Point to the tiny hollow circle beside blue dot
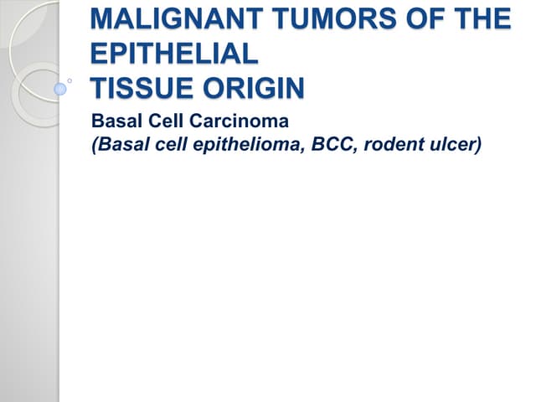pyautogui.click(x=71, y=81)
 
